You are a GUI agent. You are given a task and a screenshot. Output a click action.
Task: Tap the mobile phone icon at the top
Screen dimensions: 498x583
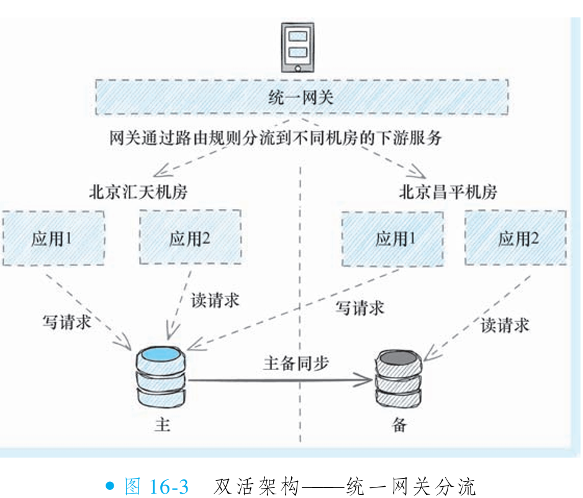tap(297, 46)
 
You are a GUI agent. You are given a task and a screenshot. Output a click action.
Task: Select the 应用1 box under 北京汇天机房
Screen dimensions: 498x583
tap(53, 239)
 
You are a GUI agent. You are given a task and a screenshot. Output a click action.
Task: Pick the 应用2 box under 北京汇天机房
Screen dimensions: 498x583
tap(190, 239)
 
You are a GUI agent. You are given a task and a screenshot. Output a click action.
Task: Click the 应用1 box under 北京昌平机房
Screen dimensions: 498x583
tap(392, 239)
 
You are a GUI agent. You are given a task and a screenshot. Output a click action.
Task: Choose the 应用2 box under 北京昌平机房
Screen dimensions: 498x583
tap(516, 239)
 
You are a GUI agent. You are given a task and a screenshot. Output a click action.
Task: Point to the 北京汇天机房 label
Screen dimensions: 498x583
tap(138, 191)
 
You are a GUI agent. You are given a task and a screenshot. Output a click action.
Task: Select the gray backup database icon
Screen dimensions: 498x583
tap(400, 379)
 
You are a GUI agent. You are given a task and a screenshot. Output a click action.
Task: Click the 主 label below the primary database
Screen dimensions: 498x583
tap(162, 425)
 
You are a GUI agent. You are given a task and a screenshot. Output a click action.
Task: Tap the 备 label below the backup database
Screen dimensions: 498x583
tap(399, 425)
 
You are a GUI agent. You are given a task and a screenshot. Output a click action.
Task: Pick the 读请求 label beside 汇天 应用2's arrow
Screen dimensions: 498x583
tap(214, 300)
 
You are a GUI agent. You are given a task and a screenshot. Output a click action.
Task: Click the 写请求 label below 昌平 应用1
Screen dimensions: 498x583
tap(359, 307)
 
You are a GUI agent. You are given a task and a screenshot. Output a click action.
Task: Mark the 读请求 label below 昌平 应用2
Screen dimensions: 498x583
tap(505, 324)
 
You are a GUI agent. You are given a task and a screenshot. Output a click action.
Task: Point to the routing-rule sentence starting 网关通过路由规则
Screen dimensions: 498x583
tap(276, 137)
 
